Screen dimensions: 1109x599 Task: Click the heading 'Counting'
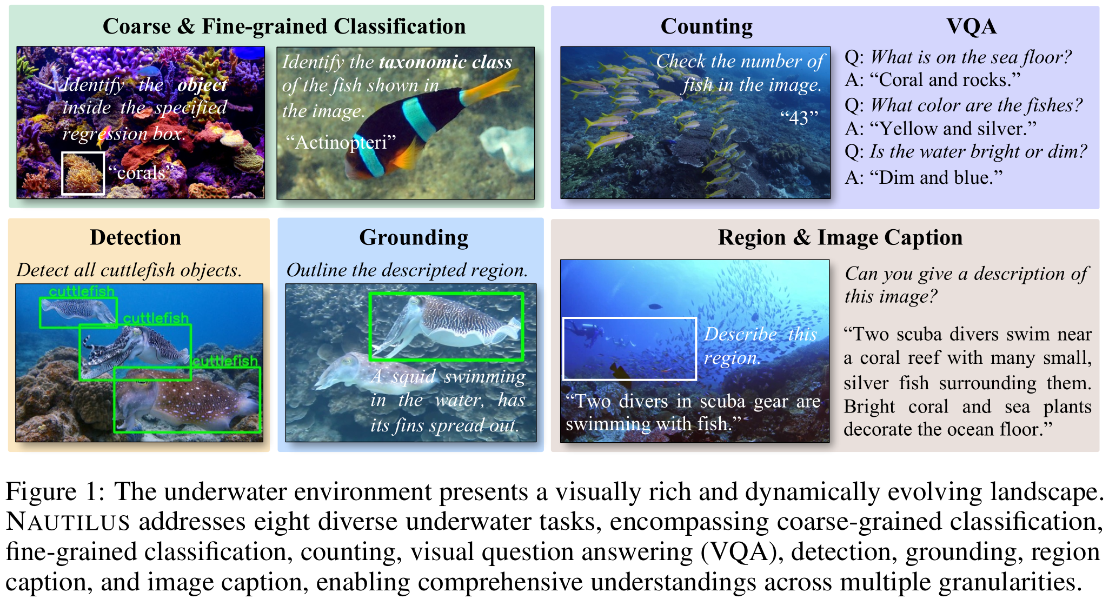[706, 26]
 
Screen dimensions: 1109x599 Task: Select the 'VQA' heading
[971, 26]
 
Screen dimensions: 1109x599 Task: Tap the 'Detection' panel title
[135, 237]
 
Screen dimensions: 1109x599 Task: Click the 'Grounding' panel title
[414, 238]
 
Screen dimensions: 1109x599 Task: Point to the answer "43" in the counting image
[799, 117]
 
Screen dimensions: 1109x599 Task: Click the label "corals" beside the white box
[141, 172]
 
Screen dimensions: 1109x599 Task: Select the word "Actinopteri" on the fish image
[341, 142]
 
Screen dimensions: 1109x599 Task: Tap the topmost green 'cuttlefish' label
[82, 292]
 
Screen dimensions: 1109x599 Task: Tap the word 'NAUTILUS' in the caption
[68, 522]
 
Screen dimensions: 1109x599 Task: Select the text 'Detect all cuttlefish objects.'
[129, 270]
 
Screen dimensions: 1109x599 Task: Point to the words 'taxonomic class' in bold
[446, 62]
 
